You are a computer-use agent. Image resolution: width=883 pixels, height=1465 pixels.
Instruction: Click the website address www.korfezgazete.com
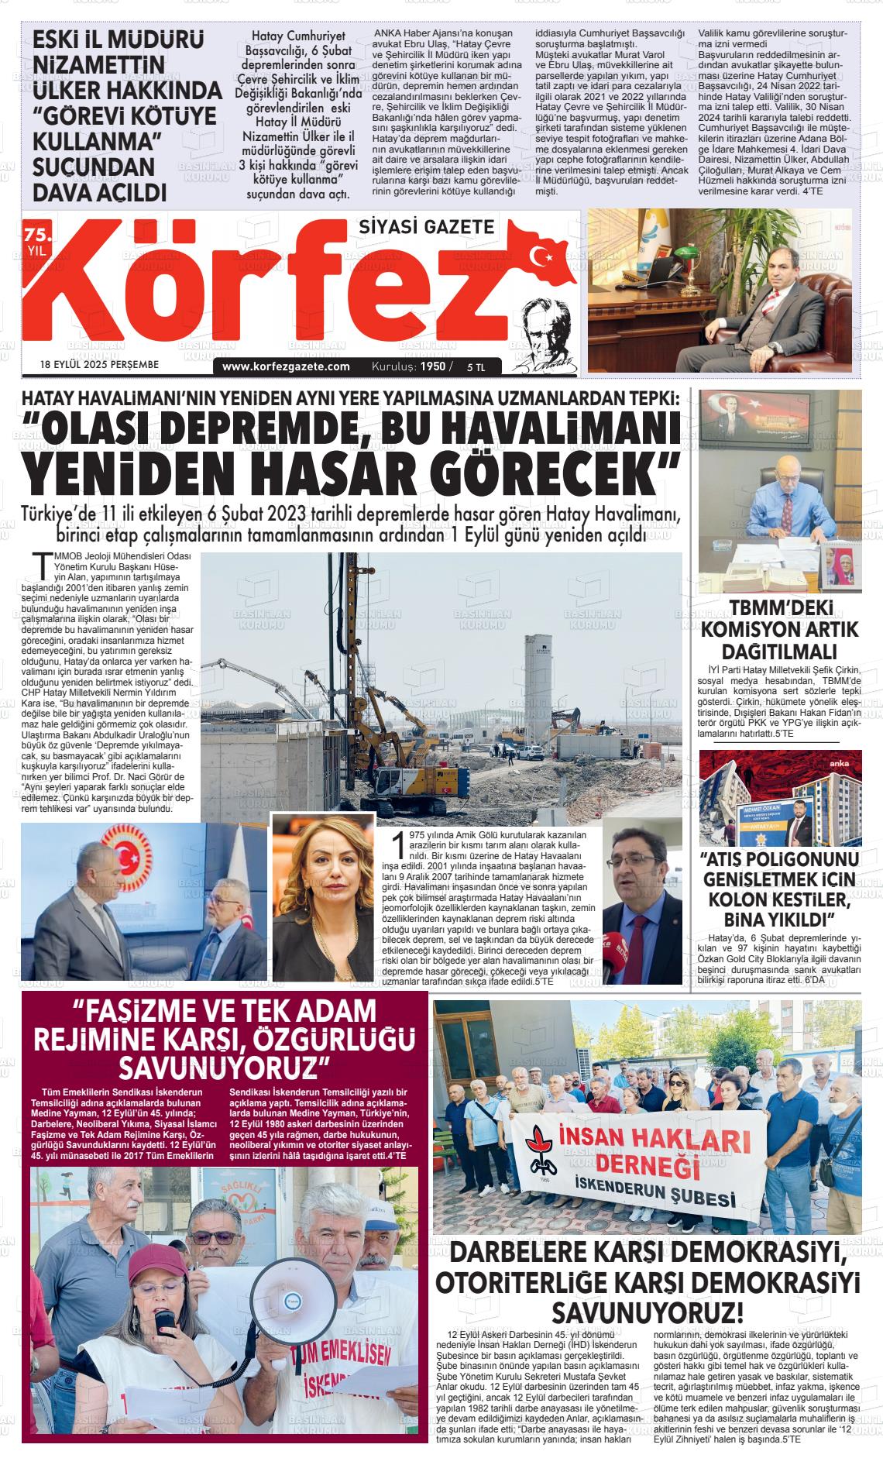click(286, 366)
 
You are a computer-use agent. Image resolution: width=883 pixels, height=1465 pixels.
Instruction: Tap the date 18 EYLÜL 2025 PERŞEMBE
click(99, 364)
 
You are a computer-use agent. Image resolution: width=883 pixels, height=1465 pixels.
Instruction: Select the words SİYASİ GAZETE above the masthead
click(427, 226)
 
